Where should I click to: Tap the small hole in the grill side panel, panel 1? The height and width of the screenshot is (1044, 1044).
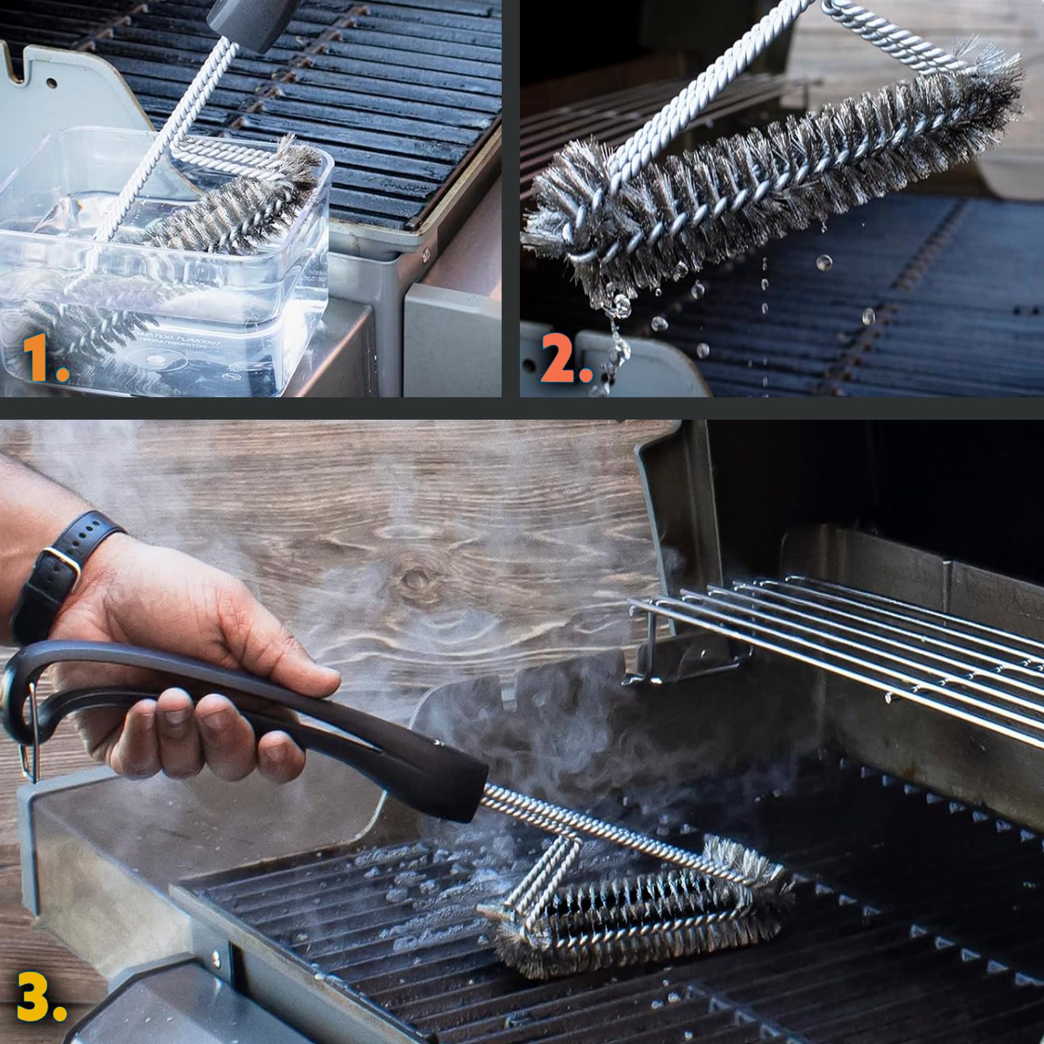[x=51, y=82]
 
